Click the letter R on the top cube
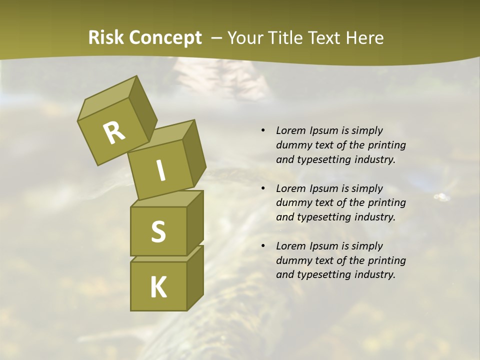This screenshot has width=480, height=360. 114,132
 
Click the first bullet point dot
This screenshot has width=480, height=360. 263,131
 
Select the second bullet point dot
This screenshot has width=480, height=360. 263,189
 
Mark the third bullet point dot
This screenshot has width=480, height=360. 263,246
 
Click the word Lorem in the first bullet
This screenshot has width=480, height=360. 290,130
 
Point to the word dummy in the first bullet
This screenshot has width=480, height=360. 292,145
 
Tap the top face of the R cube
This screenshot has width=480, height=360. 107,98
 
